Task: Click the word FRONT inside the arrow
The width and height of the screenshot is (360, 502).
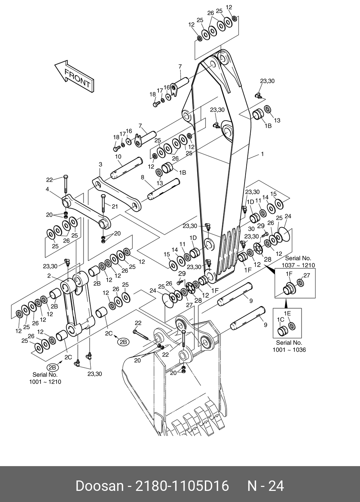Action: (77, 78)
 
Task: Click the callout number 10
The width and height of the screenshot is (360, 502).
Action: (118, 156)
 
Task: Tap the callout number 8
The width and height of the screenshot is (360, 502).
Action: (143, 177)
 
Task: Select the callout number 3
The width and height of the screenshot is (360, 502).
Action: (100, 164)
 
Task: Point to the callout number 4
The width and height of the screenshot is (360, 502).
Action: (47, 189)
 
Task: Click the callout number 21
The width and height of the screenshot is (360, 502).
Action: (115, 206)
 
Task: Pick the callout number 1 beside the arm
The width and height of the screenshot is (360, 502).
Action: (262, 154)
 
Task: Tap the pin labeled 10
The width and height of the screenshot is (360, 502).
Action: (127, 168)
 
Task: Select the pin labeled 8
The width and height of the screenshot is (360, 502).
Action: (164, 189)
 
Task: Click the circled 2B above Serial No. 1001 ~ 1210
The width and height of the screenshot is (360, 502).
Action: (52, 367)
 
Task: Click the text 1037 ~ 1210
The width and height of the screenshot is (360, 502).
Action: (298, 265)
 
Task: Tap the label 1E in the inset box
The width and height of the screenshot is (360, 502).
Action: (288, 313)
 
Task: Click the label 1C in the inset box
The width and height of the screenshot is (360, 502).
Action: (281, 319)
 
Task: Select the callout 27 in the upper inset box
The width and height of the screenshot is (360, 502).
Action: (307, 275)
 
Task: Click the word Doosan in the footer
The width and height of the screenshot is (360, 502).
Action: (100, 486)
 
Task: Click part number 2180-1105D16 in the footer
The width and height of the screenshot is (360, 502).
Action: (182, 486)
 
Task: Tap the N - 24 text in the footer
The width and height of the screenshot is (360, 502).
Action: (266, 486)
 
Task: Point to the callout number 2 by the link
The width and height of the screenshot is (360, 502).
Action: (49, 276)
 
